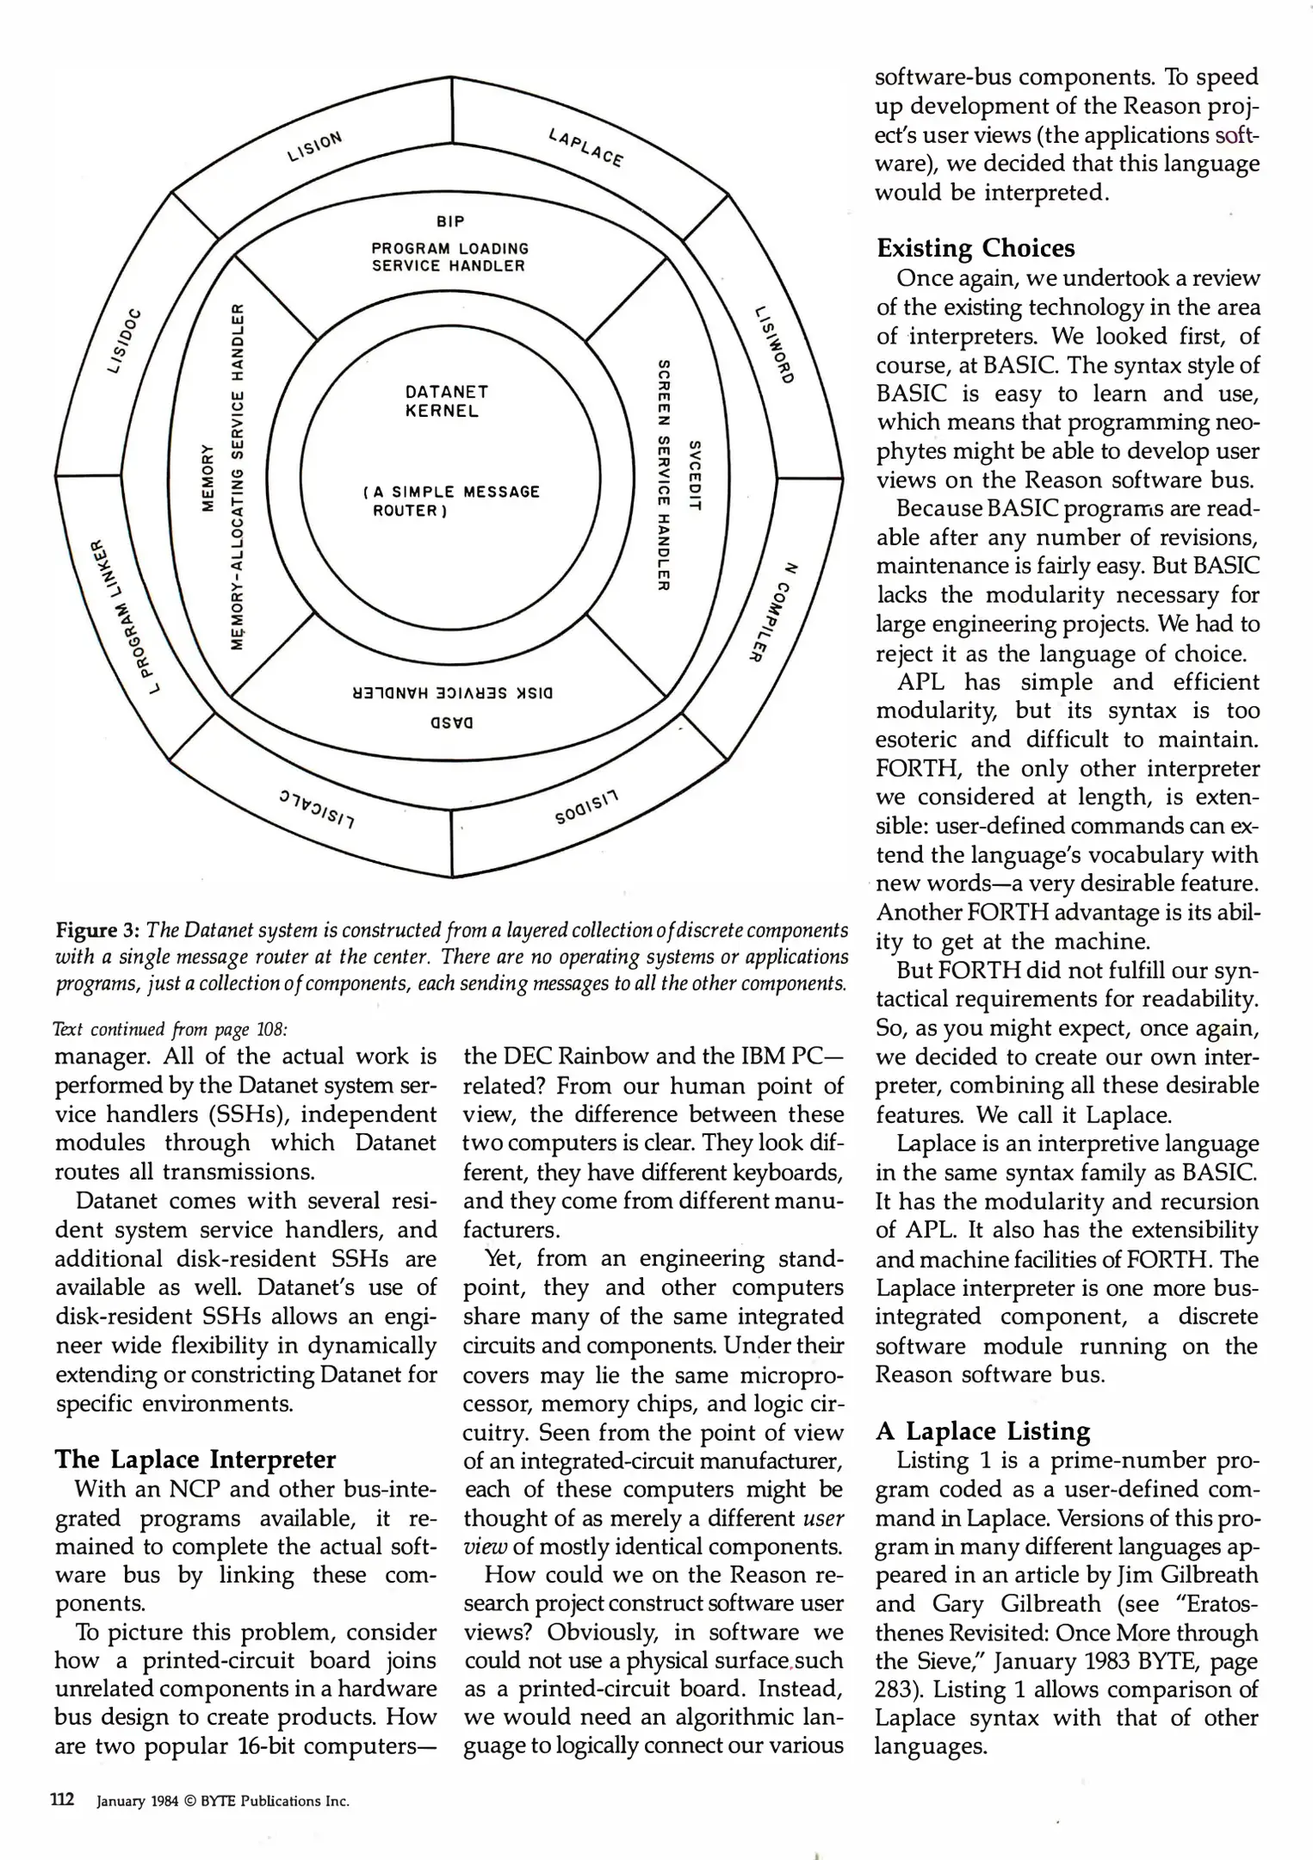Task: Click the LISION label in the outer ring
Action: point(315,146)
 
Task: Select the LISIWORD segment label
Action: point(772,344)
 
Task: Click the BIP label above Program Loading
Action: point(450,222)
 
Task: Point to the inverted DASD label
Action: point(451,723)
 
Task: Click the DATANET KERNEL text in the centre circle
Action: point(446,401)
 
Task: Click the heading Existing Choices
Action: point(975,249)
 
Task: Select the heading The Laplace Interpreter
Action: point(195,1460)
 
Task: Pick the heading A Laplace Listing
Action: point(982,1431)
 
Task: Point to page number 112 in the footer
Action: point(63,1800)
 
